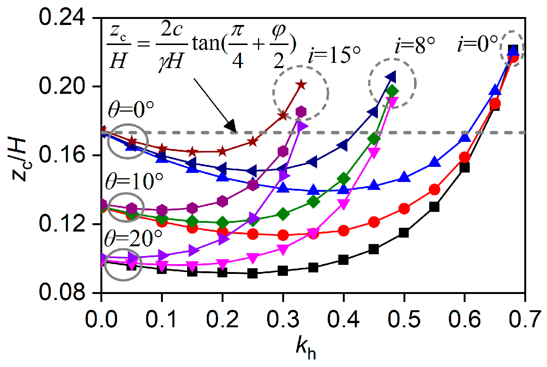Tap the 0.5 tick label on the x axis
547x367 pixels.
(x=404, y=319)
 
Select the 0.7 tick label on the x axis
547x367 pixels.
(x=524, y=319)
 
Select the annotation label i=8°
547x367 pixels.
(x=415, y=46)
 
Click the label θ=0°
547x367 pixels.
(x=131, y=110)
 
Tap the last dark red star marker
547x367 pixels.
(x=301, y=84)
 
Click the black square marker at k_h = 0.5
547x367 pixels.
(x=404, y=233)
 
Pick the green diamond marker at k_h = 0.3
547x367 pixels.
(x=283, y=214)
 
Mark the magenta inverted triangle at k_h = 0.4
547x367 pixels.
(x=343, y=205)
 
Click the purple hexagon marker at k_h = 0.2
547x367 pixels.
(x=222, y=201)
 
